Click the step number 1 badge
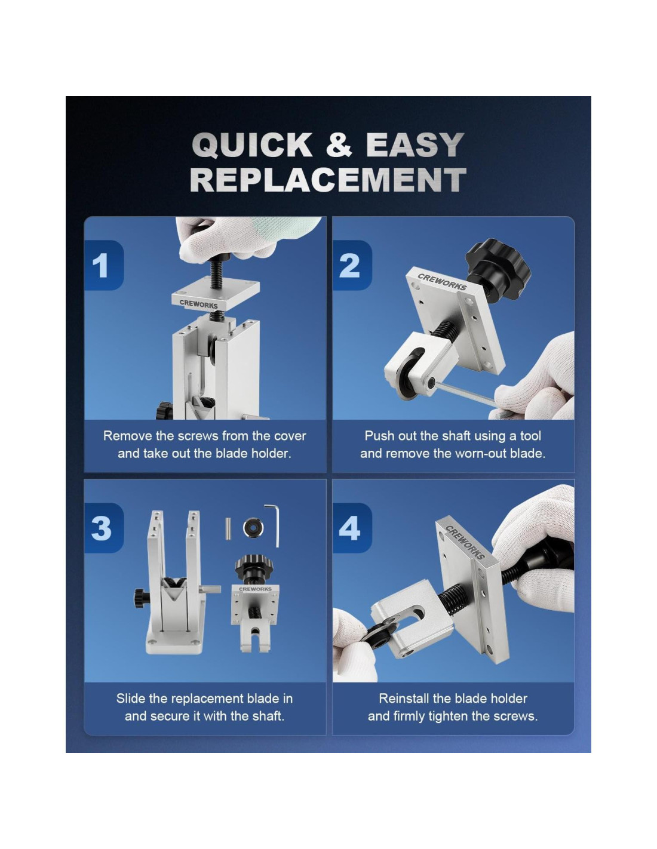pos(103,265)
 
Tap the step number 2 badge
pos(352,265)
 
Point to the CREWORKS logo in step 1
pos(198,303)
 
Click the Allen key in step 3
pos(272,525)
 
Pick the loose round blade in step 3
pos(253,527)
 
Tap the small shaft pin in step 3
pos(228,528)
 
